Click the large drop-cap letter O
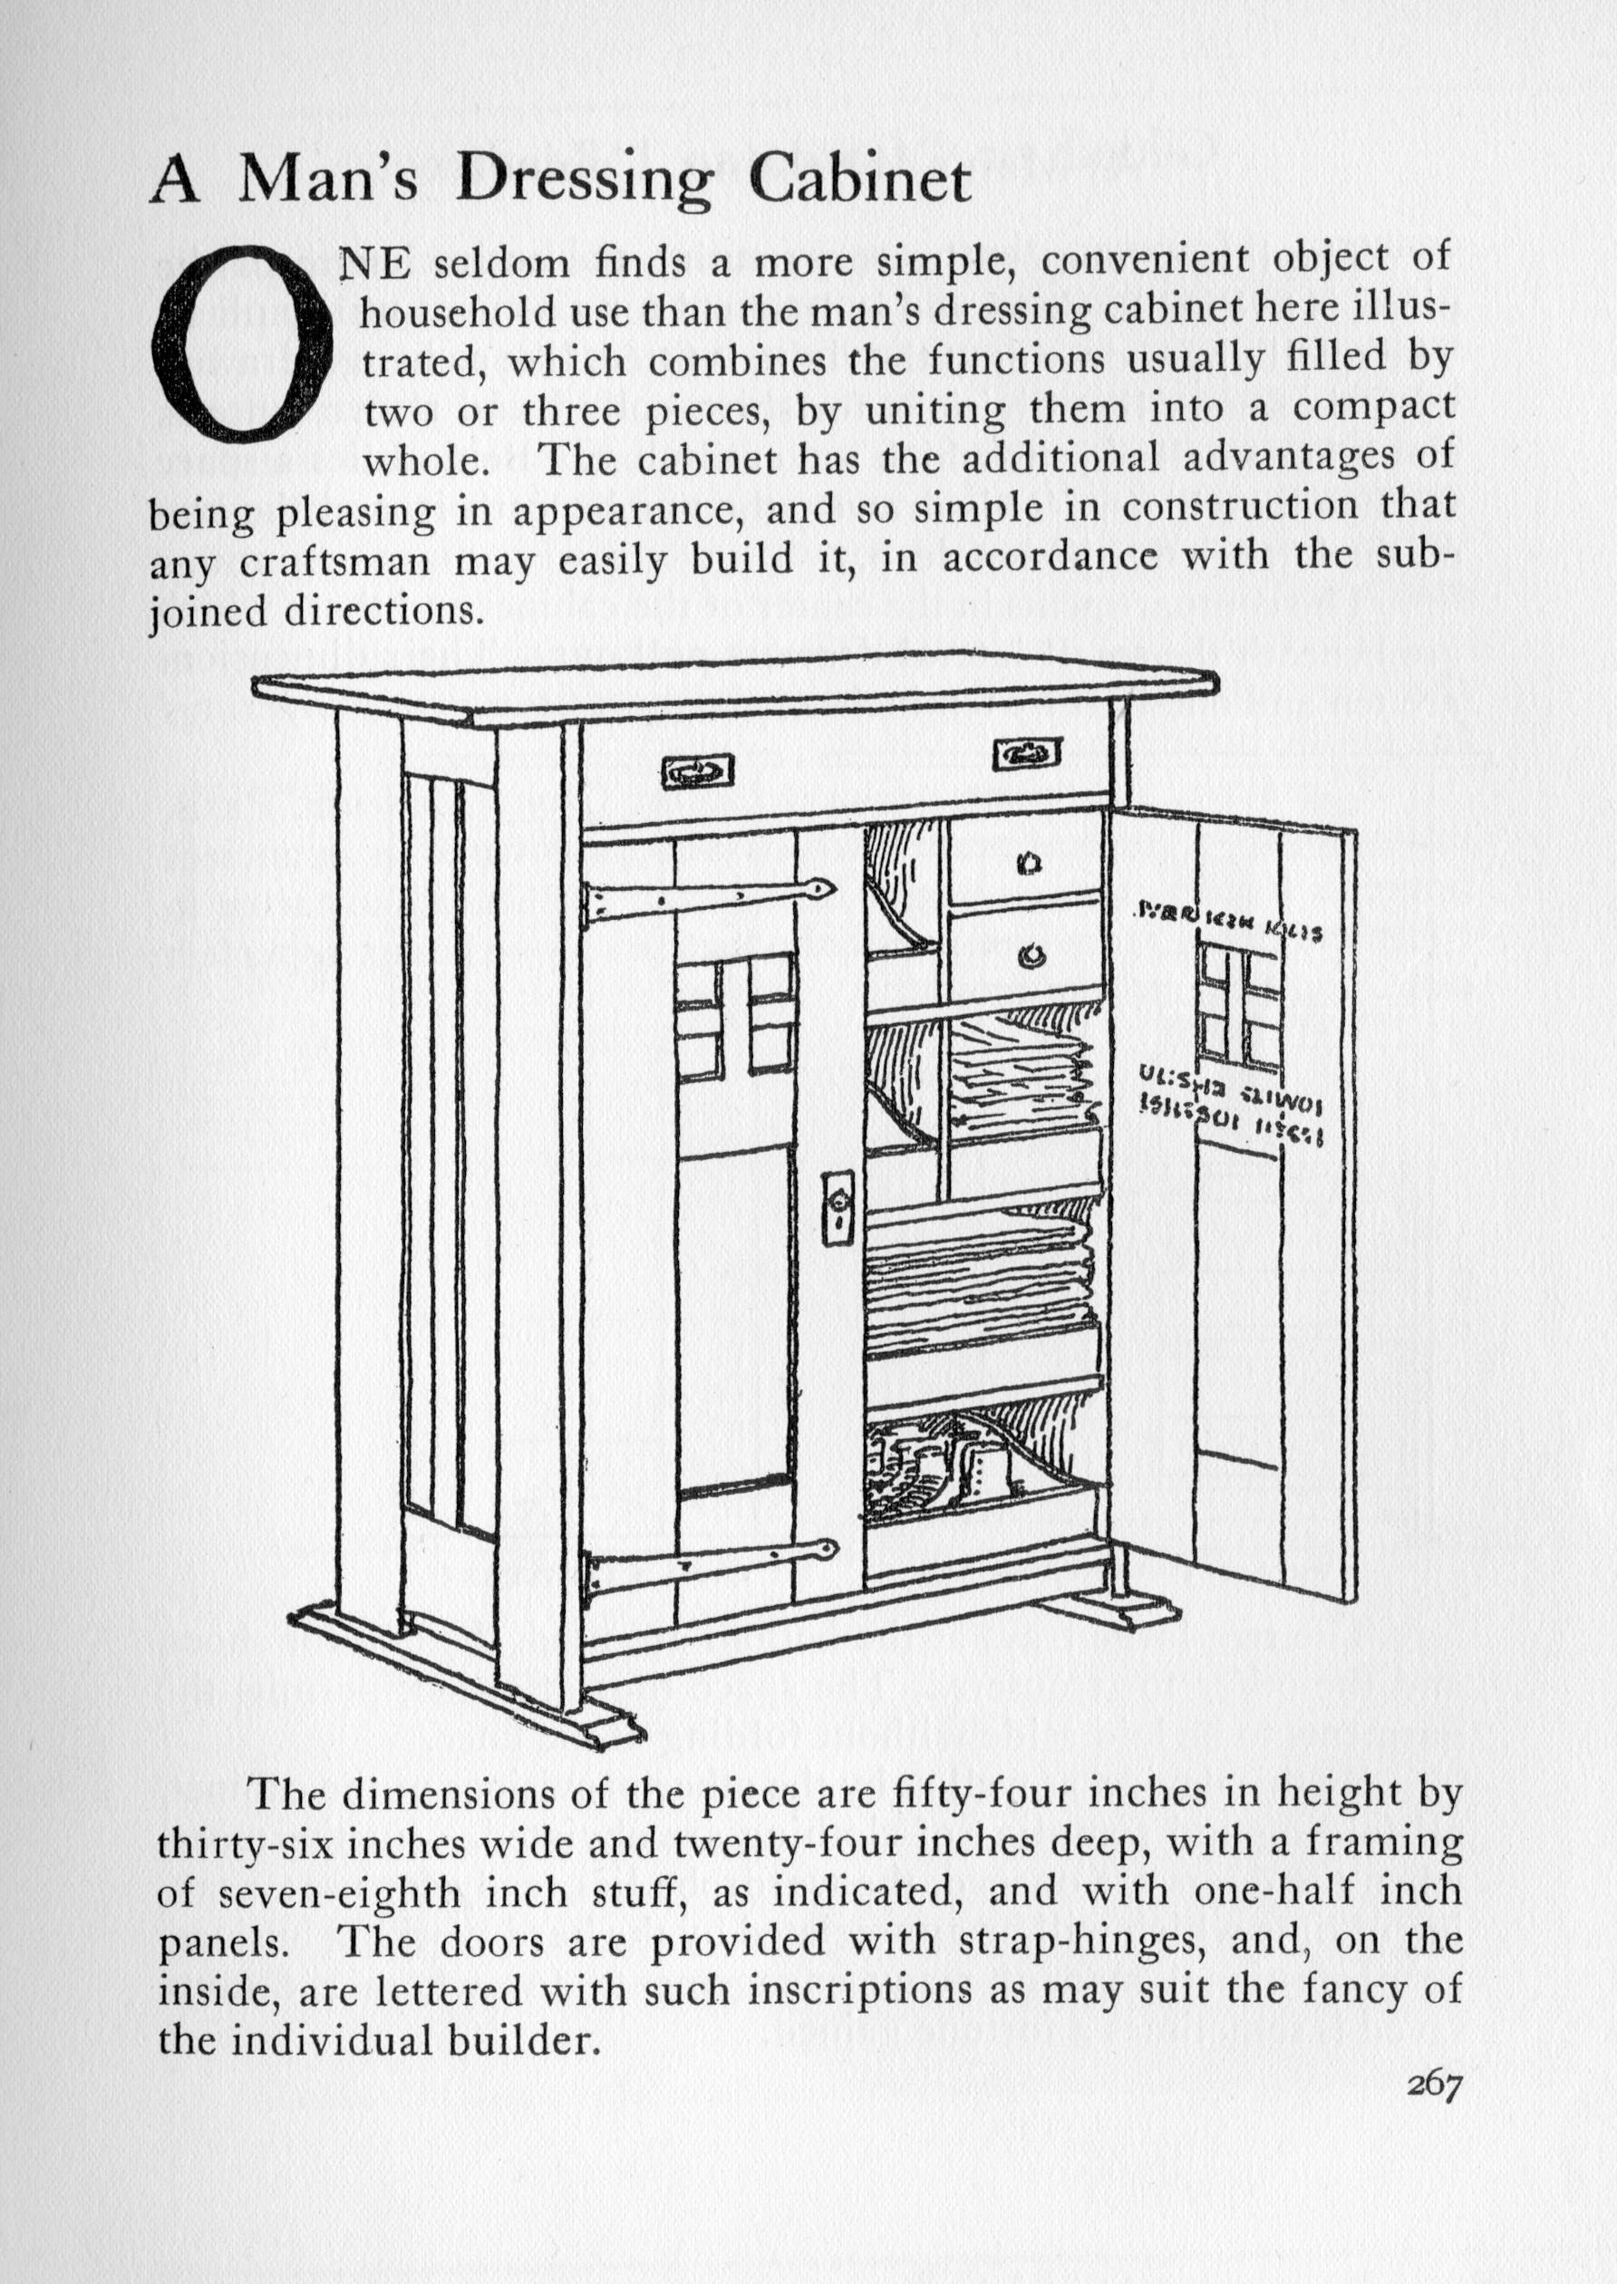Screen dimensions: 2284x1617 pos(240,344)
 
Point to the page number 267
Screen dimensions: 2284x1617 pos(1433,2086)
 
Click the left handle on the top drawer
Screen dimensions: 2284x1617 pos(697,769)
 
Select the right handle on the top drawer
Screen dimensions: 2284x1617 pos(1027,754)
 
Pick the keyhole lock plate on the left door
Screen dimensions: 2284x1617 pos(838,1208)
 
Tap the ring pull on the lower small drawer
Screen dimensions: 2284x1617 pos(1031,957)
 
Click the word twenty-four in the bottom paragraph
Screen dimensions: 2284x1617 pos(785,1844)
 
